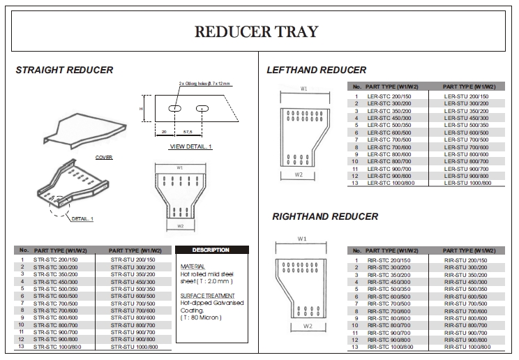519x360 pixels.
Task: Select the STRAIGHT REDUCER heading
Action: [x=64, y=70]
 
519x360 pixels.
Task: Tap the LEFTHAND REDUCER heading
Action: [x=316, y=70]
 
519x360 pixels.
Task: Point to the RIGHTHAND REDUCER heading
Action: [x=325, y=217]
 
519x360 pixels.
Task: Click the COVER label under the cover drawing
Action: [x=104, y=158]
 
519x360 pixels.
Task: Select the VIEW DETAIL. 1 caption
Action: [x=190, y=147]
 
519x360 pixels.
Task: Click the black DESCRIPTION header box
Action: [x=210, y=250]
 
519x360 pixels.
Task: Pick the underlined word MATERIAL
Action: [x=193, y=267]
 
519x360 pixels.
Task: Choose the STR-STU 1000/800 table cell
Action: [x=135, y=347]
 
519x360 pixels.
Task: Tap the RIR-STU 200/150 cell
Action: [x=466, y=260]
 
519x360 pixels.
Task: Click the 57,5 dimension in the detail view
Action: [x=188, y=130]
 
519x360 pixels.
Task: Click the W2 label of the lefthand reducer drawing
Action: [x=299, y=174]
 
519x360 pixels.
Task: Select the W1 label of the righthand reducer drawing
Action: [x=301, y=239]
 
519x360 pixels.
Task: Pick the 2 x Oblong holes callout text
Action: [x=204, y=83]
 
